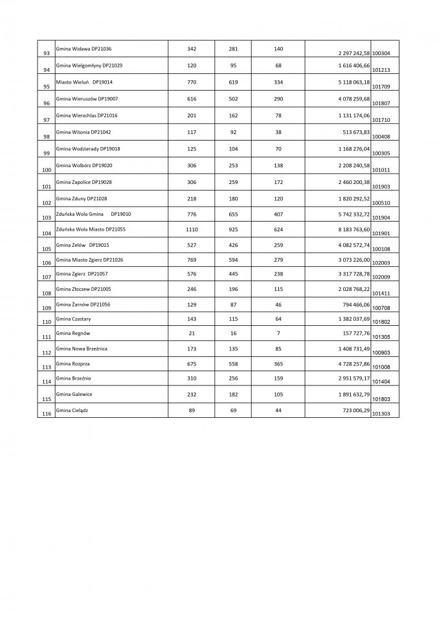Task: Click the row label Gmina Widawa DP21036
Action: [x=84, y=49]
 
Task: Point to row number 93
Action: [x=46, y=52]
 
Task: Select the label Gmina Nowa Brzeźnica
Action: [x=82, y=349]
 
